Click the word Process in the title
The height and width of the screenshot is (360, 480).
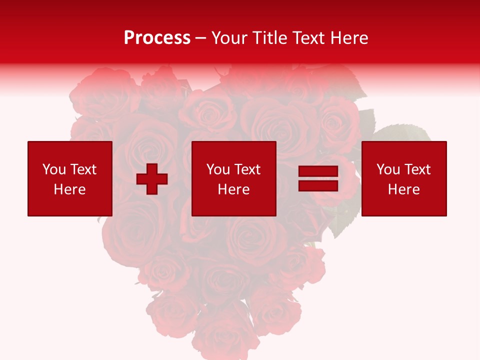pyautogui.click(x=157, y=38)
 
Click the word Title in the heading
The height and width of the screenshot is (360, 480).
pyautogui.click(x=268, y=38)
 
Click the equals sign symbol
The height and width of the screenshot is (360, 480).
pyautogui.click(x=318, y=179)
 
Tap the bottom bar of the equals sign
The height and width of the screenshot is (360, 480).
pyautogui.click(x=318, y=185)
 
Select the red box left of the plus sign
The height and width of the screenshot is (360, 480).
pyautogui.click(x=70, y=178)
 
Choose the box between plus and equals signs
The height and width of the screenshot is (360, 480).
pyautogui.click(x=234, y=178)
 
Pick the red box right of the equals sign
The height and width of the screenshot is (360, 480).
pyautogui.click(x=404, y=178)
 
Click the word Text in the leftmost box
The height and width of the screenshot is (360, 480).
pyautogui.click(x=83, y=169)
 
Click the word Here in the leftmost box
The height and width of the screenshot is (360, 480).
pyautogui.click(x=70, y=189)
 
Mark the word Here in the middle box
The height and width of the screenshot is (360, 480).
pyautogui.click(x=234, y=189)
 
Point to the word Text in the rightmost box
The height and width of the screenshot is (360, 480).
pyautogui.click(x=417, y=169)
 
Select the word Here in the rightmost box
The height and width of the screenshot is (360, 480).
pyautogui.click(x=404, y=189)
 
